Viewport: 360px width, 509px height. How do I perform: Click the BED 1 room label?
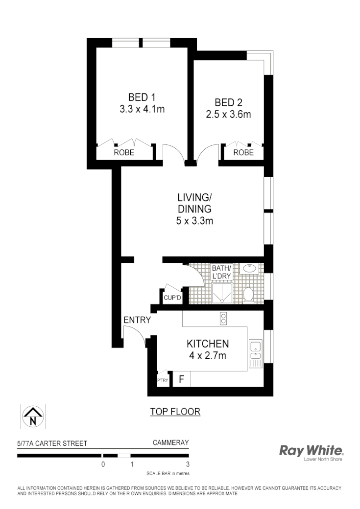pos(142,96)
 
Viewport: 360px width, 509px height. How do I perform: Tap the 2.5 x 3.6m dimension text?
pos(228,115)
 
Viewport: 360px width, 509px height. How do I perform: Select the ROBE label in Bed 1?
pos(124,153)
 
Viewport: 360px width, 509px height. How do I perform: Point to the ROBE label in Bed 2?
pos(243,153)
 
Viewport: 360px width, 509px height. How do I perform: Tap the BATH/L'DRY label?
pos(221,272)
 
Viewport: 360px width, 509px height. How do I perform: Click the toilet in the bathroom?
pos(248,294)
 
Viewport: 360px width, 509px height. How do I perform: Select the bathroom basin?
pos(250,268)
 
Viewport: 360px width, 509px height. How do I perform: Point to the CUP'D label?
pos(172,298)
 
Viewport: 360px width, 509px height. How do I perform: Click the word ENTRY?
pos(137,320)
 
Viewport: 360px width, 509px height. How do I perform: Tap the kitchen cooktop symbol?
pos(223,319)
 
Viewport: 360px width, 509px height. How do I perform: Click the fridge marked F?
pos(181,380)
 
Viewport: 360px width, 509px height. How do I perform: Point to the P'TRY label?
pos(162,380)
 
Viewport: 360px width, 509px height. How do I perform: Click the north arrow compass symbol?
pos(33,416)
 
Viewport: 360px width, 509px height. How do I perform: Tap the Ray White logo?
pos(311,451)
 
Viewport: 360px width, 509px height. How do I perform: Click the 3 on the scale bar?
pos(188,464)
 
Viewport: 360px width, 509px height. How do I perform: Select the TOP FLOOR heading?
pos(175,412)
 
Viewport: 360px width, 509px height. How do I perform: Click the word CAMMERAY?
pos(170,443)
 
